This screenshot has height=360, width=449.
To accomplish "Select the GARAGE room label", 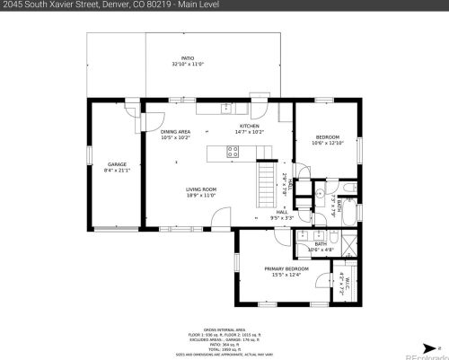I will point(117,167).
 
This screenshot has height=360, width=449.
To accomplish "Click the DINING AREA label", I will point(175,135).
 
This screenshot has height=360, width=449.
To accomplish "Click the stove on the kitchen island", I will point(233,152).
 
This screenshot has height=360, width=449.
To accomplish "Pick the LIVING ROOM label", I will point(201,192).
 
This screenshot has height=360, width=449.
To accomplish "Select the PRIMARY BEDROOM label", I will point(286,271).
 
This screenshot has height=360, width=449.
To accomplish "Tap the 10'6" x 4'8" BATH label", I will point(320,247).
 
